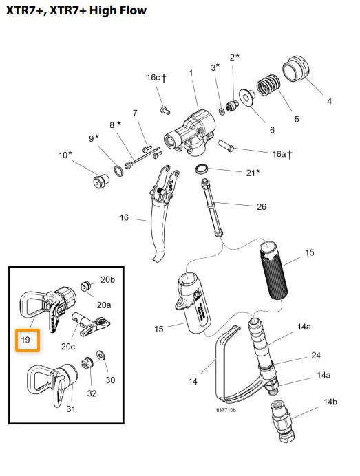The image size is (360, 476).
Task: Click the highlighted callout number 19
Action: point(25,339)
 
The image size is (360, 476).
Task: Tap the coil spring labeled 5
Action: point(268,85)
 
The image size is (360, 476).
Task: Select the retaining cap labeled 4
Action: point(295,69)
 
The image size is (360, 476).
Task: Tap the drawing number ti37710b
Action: point(226,410)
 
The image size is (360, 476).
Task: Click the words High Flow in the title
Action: point(118,10)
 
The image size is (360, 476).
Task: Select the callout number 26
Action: point(262,207)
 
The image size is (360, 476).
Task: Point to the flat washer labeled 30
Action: point(100,355)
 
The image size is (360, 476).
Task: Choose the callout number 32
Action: point(92,393)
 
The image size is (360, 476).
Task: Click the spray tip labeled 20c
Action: point(91,324)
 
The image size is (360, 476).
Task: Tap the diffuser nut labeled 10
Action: point(100,181)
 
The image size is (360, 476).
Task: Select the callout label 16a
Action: point(282,155)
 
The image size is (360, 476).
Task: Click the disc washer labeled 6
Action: point(247,97)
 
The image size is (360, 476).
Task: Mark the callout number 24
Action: point(316,355)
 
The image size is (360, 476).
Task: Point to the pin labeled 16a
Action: point(226,146)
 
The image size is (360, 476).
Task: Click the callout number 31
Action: point(71,409)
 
